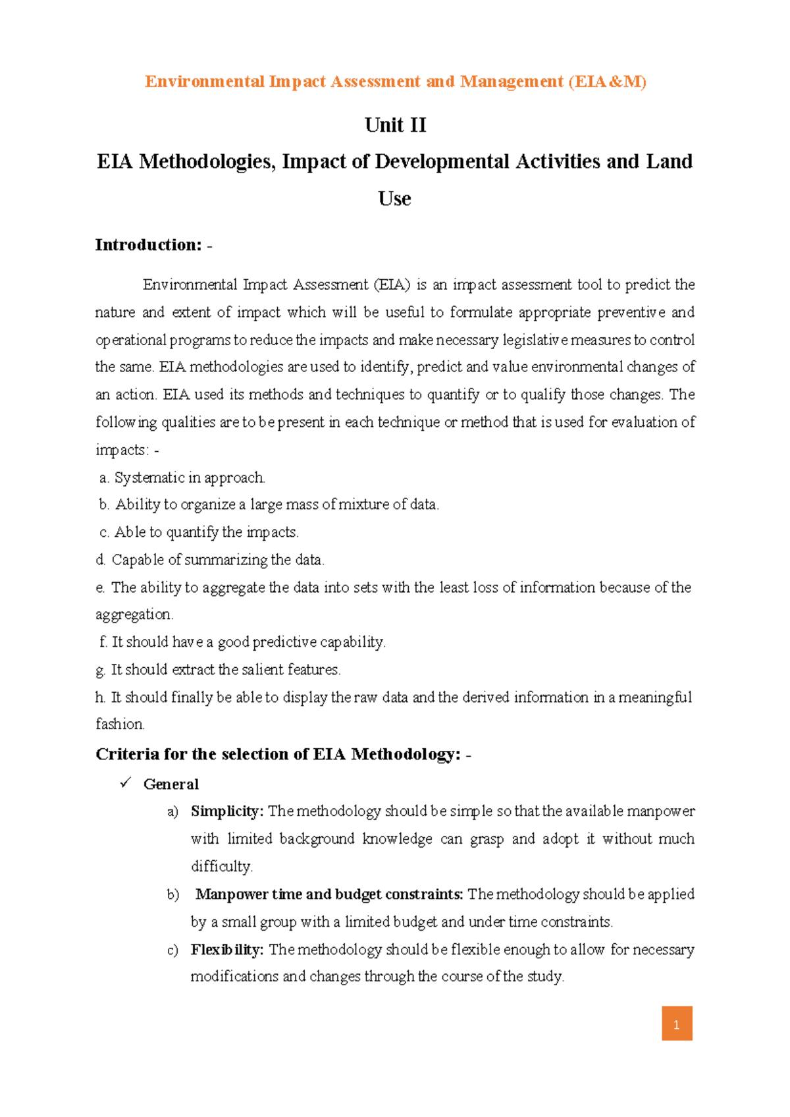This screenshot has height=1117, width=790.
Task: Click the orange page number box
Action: pos(677,1023)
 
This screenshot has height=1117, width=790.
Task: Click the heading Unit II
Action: pos(395,125)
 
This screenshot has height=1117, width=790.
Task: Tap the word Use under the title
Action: pos(394,198)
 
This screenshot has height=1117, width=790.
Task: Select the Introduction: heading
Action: pos(149,245)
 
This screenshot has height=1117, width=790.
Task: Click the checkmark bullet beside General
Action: pos(126,783)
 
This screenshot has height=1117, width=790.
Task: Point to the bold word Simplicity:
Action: pos(227,811)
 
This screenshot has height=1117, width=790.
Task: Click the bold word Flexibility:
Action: pos(227,950)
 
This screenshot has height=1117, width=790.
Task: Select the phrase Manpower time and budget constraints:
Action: pos(329,894)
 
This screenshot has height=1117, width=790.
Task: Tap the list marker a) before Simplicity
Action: pos(172,812)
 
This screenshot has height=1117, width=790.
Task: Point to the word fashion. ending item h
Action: pos(120,724)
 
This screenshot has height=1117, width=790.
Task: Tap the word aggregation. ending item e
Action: pos(134,614)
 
